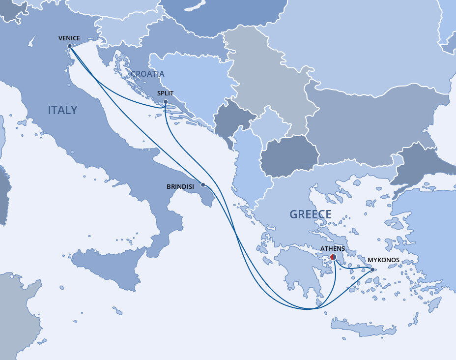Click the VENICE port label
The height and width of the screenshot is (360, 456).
tap(69, 38)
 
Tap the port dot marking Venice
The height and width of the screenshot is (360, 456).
tap(70, 46)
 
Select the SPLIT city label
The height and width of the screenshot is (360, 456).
tap(165, 93)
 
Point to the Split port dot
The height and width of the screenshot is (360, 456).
tap(166, 102)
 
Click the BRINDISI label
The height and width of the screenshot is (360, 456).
tap(180, 186)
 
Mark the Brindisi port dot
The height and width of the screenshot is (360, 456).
tap(203, 185)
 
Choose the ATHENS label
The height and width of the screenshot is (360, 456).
tap(333, 249)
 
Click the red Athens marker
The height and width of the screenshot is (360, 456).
tap(333, 257)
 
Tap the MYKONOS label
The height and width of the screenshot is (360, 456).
tap(383, 260)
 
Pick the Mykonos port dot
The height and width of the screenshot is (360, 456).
tap(372, 270)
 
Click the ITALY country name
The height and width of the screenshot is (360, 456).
tap(62, 110)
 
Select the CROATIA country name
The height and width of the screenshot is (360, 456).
tap(147, 74)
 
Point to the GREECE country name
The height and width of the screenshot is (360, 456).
tap(310, 214)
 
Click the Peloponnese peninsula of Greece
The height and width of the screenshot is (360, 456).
tap(297, 270)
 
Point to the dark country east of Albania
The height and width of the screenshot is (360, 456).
tap(289, 157)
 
